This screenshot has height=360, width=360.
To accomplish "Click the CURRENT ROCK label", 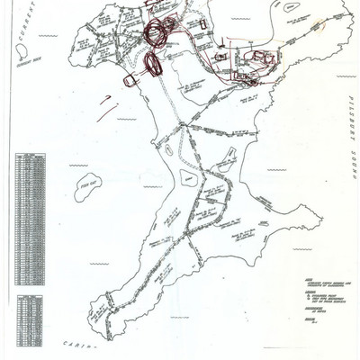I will pos(29,73).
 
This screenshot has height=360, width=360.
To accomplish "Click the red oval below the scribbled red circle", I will pos(150,66).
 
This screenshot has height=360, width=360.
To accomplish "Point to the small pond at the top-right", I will pos(291,11).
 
